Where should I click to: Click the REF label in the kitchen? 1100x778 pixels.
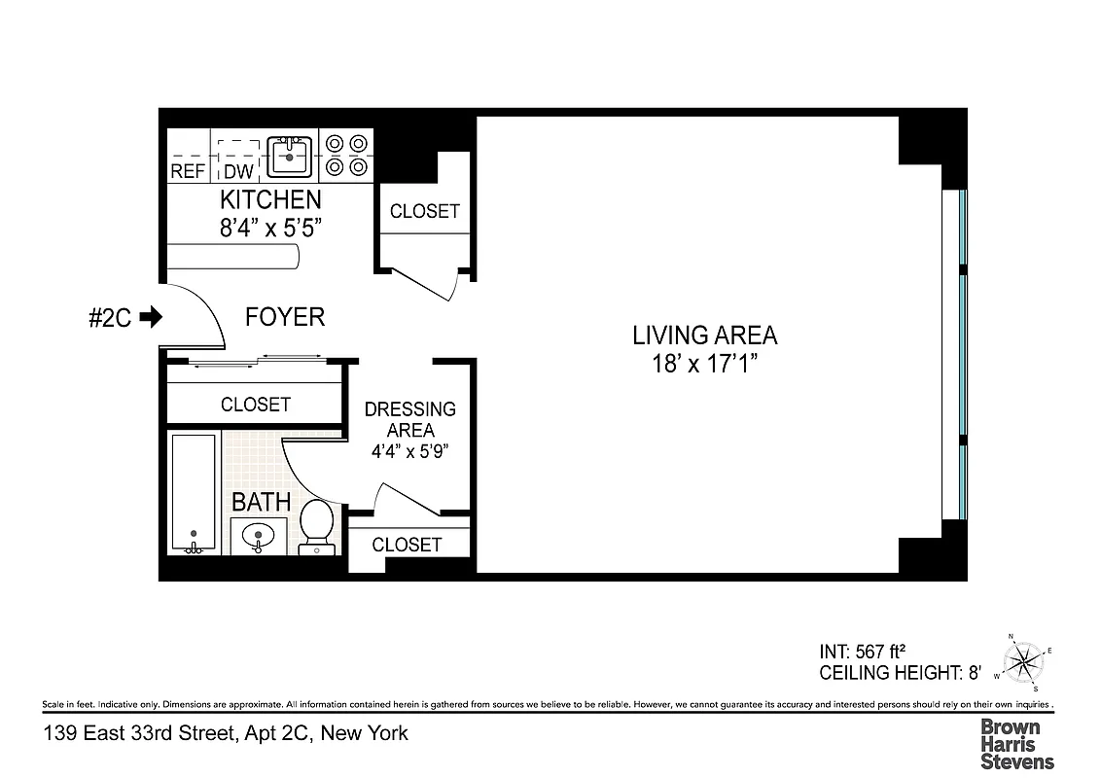pos(188,171)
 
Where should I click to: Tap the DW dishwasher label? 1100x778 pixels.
pos(238,171)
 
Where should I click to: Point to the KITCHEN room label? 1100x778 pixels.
pos(270,199)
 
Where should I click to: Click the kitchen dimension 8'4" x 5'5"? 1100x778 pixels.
pos(270,229)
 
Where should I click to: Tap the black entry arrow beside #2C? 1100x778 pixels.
pos(151,317)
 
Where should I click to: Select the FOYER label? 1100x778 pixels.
pos(284,317)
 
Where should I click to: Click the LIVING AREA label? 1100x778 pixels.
pos(704,336)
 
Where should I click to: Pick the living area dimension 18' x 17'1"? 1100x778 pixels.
pos(704,365)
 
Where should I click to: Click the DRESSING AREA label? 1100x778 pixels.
pos(409,419)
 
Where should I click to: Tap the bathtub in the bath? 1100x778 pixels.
pos(195,493)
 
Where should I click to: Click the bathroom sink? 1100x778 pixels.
pos(259,535)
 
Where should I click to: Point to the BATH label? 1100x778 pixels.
pos(261,502)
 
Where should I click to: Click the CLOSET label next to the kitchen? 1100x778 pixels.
pos(424,211)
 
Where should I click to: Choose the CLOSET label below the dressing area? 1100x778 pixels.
pos(407,545)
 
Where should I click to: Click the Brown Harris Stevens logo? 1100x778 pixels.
pos(1016,744)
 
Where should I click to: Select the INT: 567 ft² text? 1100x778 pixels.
pos(864,653)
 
